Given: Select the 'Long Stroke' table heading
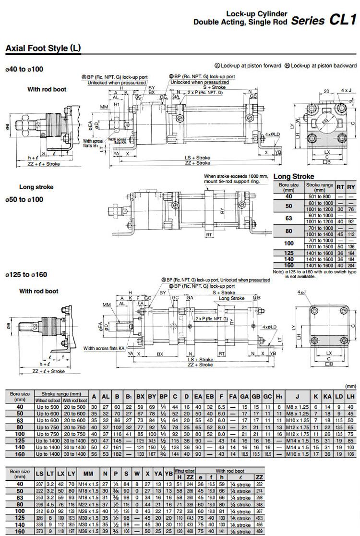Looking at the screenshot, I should click(x=294, y=176).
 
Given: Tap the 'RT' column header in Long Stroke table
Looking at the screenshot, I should click(x=340, y=187).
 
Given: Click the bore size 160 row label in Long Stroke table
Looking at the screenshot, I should click(x=289, y=265).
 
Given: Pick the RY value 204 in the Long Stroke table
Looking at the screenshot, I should click(x=351, y=265).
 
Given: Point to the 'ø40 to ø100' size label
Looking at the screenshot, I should click(x=24, y=69).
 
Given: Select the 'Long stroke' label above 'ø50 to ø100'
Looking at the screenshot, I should click(x=36, y=187).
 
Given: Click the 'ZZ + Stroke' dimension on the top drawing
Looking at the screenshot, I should click(x=197, y=163).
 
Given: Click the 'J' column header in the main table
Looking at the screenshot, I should click(x=297, y=397).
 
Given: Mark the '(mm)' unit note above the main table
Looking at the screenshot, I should click(x=351, y=386).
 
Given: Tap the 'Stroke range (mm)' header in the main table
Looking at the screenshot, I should click(x=61, y=393).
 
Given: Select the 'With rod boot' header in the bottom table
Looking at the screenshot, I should click(x=230, y=471).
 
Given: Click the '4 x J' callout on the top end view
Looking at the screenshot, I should click(x=346, y=90).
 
